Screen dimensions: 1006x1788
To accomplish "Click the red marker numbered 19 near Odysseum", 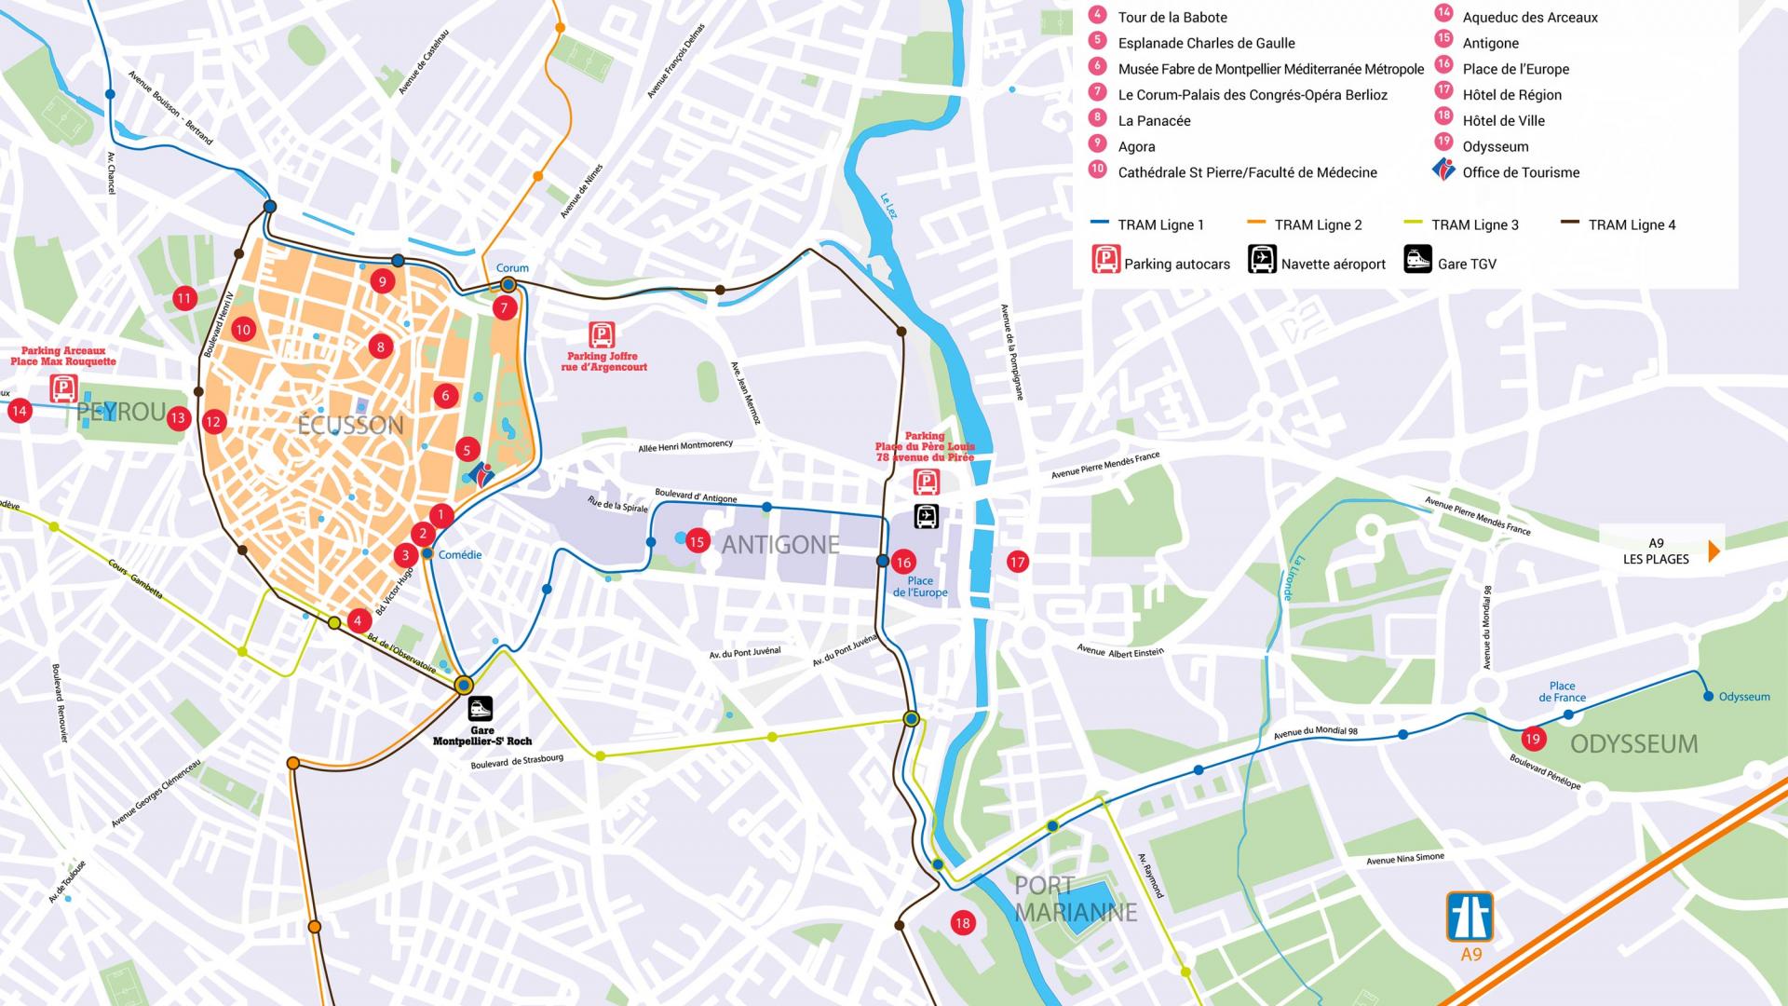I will point(1532,740).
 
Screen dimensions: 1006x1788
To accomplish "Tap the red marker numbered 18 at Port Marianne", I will point(962,923).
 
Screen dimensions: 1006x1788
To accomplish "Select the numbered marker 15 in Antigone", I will point(698,541).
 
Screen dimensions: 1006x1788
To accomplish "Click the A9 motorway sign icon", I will point(1470,917).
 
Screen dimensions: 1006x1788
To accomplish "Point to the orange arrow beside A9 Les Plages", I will point(1713,551).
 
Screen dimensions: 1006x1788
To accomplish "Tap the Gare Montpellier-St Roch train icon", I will point(481,709).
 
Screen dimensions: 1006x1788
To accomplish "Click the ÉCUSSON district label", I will point(350,426).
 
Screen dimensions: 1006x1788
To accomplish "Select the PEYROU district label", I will point(121,412).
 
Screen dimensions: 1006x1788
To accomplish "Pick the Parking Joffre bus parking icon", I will point(603,335).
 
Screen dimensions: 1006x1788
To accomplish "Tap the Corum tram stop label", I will point(512,268).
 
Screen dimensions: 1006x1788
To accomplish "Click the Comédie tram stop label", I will point(460,555).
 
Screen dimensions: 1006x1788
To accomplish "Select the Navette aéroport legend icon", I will point(1263,259).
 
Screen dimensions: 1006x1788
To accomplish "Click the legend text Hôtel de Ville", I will point(1503,121).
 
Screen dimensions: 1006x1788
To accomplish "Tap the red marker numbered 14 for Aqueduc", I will point(20,410).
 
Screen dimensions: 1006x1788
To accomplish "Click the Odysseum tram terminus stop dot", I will point(1708,696).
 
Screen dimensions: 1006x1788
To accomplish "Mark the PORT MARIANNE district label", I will point(1076,899).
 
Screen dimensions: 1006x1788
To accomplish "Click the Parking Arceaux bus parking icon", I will point(63,387).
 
